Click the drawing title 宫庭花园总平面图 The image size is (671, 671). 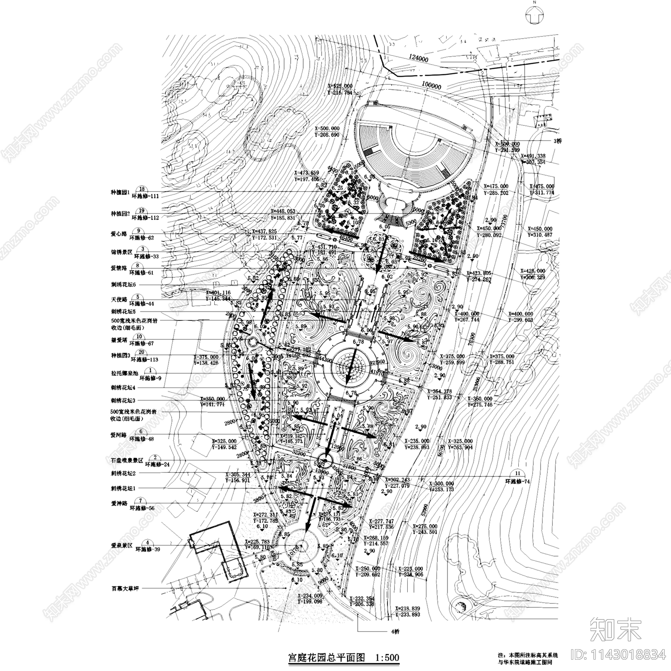tap(327, 657)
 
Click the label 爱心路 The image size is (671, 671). tap(119, 234)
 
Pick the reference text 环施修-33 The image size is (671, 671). tap(144, 256)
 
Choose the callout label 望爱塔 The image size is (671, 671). tap(119, 340)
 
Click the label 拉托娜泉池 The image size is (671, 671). tap(124, 373)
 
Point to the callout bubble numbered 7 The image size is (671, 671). tap(141, 501)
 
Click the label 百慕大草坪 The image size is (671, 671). tap(125, 589)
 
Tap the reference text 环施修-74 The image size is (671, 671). tap(518, 481)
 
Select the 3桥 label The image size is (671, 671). tap(557, 141)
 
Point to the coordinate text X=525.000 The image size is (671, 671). tap(340, 86)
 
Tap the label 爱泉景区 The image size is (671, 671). tap(122, 545)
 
